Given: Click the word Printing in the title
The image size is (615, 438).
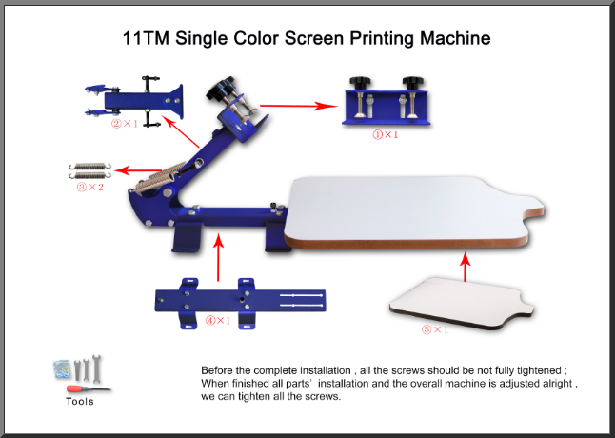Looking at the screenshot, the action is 382,39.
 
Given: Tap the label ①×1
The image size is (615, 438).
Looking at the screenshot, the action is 386,135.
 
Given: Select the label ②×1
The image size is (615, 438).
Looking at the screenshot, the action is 125,124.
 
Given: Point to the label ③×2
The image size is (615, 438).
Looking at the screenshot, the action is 90,187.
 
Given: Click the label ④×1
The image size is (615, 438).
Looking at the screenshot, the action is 218,321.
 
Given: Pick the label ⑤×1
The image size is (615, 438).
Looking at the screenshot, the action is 434,329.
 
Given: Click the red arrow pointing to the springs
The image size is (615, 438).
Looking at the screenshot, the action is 138,170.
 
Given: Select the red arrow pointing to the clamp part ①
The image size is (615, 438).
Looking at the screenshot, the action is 299,106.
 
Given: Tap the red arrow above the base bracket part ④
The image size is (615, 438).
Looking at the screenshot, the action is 218,257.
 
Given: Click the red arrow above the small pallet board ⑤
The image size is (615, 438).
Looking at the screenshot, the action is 466,267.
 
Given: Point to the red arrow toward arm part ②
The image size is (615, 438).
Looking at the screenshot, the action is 181,131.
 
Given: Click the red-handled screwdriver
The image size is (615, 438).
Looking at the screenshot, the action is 89,389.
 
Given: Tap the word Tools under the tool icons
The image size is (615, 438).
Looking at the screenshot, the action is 80,402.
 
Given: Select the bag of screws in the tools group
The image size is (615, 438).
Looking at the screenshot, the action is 63,369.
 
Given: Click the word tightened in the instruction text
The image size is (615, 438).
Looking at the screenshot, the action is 539,370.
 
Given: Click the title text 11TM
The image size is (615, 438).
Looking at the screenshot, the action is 146,38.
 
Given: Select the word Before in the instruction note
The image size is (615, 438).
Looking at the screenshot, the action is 214,370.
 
